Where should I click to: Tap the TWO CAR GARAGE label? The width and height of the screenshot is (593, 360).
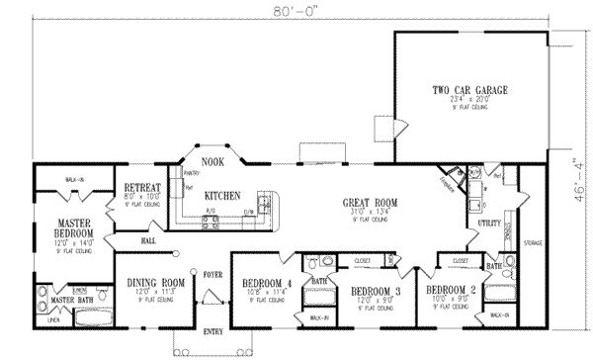(469, 90)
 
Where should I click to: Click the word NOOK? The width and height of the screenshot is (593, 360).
(212, 161)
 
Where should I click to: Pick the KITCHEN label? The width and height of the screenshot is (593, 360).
(222, 196)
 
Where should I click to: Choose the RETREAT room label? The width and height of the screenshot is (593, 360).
(142, 187)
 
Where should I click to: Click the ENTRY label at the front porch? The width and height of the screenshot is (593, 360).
(213, 332)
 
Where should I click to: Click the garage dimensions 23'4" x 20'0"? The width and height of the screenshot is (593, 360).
(468, 100)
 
